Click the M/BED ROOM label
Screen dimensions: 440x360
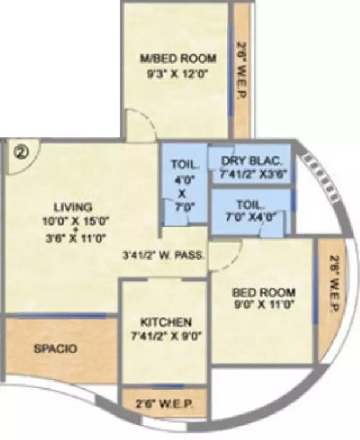point(179,58)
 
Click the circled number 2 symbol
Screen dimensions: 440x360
point(22,154)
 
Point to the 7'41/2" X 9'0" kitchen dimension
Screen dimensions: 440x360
point(164,336)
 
